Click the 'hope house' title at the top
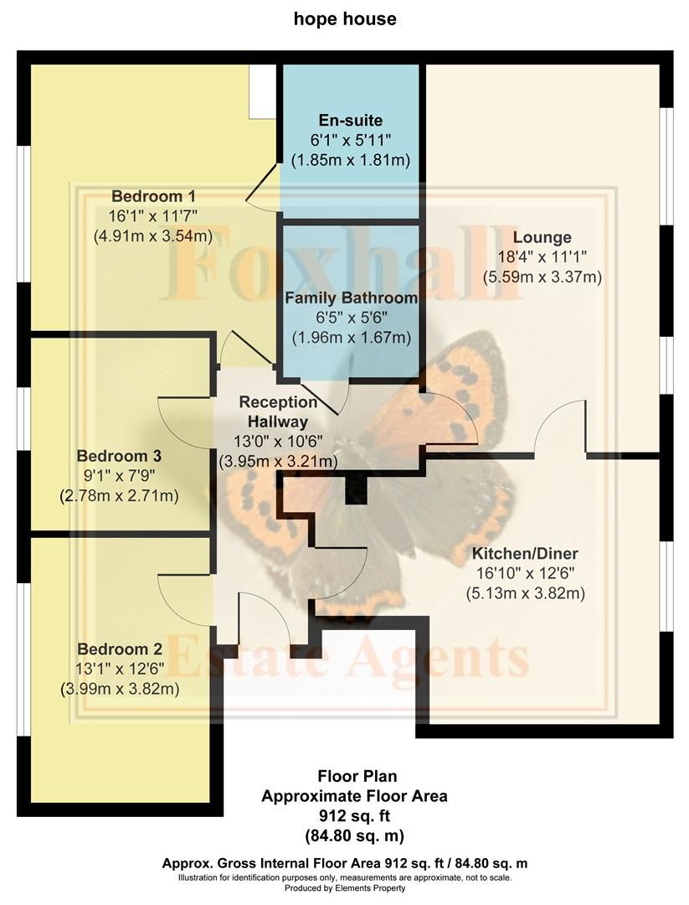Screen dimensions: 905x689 (344, 19)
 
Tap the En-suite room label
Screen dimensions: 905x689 (350, 120)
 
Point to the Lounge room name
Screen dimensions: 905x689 (542, 237)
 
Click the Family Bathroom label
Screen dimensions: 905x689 (351, 298)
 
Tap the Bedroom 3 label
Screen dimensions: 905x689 (119, 457)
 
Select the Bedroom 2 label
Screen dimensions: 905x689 (119, 649)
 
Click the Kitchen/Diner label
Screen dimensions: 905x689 (525, 555)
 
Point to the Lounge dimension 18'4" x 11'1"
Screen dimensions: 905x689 (542, 256)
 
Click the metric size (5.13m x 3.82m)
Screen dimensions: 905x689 (525, 593)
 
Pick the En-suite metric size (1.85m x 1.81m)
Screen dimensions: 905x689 (350, 159)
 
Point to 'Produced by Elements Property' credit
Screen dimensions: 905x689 (344, 888)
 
